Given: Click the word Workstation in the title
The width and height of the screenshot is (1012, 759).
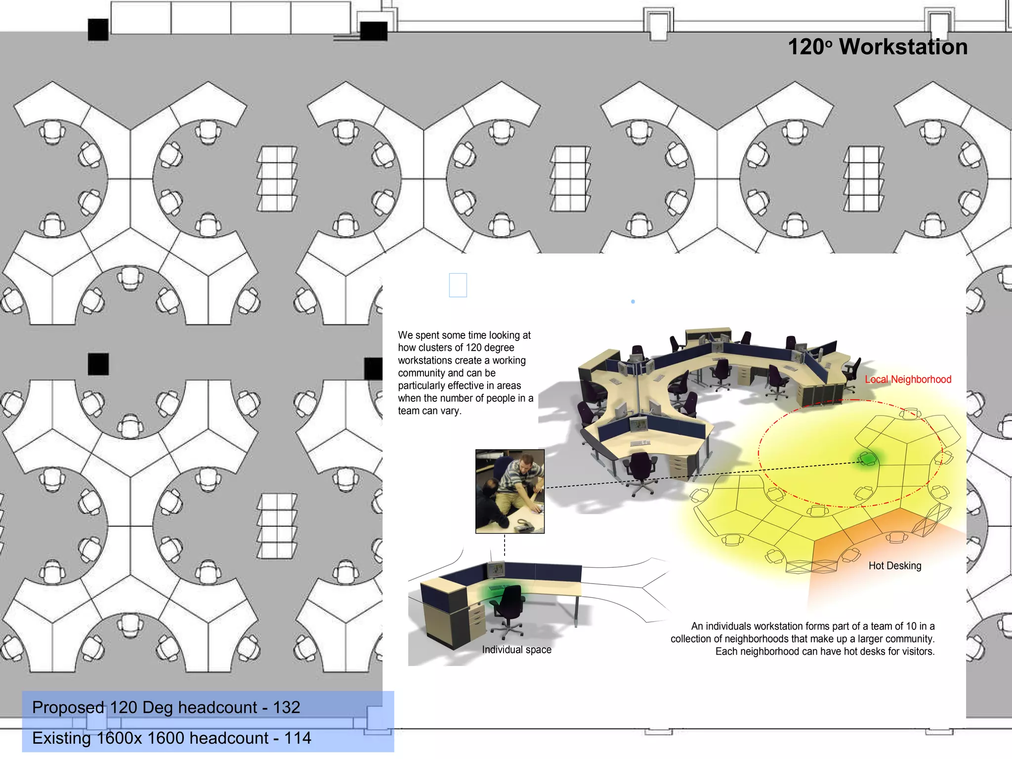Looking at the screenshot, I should (x=903, y=47).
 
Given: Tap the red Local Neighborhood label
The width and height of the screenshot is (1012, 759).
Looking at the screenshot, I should (x=908, y=379).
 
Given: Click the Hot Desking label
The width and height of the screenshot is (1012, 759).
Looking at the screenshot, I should (x=894, y=565).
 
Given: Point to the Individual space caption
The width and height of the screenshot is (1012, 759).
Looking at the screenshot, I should (x=516, y=649).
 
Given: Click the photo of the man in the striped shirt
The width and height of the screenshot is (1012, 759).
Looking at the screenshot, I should (x=510, y=491).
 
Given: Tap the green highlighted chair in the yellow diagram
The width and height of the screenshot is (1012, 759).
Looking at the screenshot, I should (x=867, y=459).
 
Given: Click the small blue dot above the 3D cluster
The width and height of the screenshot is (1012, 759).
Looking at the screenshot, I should (x=633, y=301).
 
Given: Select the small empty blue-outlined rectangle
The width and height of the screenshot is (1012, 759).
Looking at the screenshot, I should (x=458, y=285).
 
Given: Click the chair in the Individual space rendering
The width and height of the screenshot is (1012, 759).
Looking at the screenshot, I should (x=508, y=608).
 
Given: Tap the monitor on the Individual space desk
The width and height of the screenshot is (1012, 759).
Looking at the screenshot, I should (x=496, y=570).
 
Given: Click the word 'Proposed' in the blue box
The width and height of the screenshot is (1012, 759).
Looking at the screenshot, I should (x=68, y=707).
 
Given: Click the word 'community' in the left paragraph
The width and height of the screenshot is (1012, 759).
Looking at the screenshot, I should (x=422, y=373).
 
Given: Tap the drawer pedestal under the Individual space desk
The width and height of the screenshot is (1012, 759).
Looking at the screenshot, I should (x=477, y=620).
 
